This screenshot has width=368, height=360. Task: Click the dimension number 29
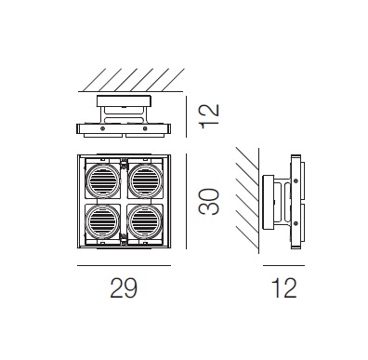124,288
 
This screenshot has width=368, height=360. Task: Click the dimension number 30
209,202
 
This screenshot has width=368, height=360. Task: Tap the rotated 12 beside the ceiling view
209,116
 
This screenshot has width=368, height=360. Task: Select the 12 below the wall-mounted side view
283,288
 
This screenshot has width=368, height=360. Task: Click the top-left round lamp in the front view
103,180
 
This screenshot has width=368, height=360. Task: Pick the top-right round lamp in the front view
145,180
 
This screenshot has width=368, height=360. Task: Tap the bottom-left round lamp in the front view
103,220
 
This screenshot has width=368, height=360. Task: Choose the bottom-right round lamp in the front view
145,220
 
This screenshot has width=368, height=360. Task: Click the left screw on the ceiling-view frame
102,128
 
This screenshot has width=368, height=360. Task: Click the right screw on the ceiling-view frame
145,128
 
